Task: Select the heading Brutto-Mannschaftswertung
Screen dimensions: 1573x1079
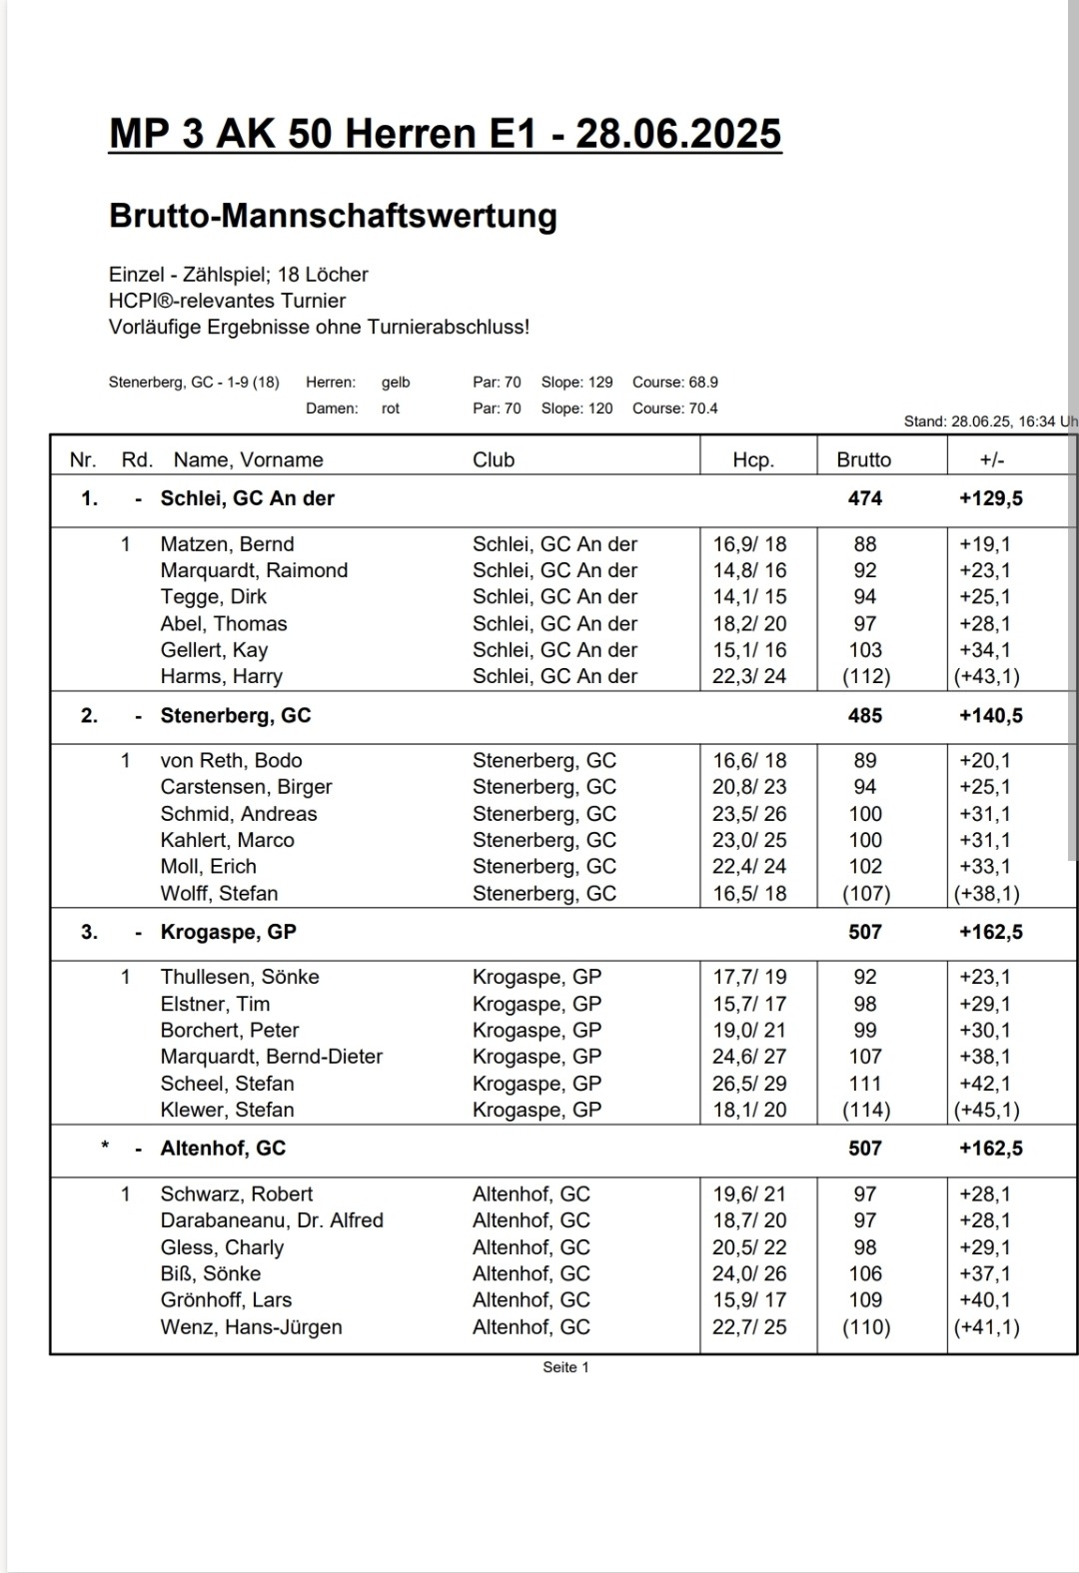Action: click(x=333, y=216)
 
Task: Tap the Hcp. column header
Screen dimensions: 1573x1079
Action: click(x=752, y=459)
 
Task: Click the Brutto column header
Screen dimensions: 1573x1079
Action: click(x=864, y=459)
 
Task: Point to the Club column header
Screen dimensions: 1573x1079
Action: click(x=494, y=459)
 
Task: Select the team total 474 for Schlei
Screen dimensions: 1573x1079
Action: click(x=865, y=498)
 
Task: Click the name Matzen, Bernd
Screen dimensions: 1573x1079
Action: click(x=227, y=544)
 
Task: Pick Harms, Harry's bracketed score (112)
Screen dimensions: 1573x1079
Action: click(x=865, y=676)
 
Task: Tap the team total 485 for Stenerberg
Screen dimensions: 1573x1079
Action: click(x=865, y=715)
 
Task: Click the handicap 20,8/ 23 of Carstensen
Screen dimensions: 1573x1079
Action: click(x=749, y=787)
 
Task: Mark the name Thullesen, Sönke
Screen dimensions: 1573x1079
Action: click(x=240, y=977)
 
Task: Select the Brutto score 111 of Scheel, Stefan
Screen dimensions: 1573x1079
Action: click(x=865, y=1084)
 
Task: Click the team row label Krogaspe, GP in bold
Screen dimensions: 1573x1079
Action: click(x=228, y=932)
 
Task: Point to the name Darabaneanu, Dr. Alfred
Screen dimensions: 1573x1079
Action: click(x=272, y=1220)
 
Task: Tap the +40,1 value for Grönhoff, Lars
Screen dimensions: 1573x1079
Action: click(x=985, y=1300)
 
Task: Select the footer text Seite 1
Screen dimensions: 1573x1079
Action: click(x=565, y=1367)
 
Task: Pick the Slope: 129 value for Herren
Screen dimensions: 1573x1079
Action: click(x=576, y=383)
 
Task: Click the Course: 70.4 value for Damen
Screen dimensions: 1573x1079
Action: click(x=674, y=408)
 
